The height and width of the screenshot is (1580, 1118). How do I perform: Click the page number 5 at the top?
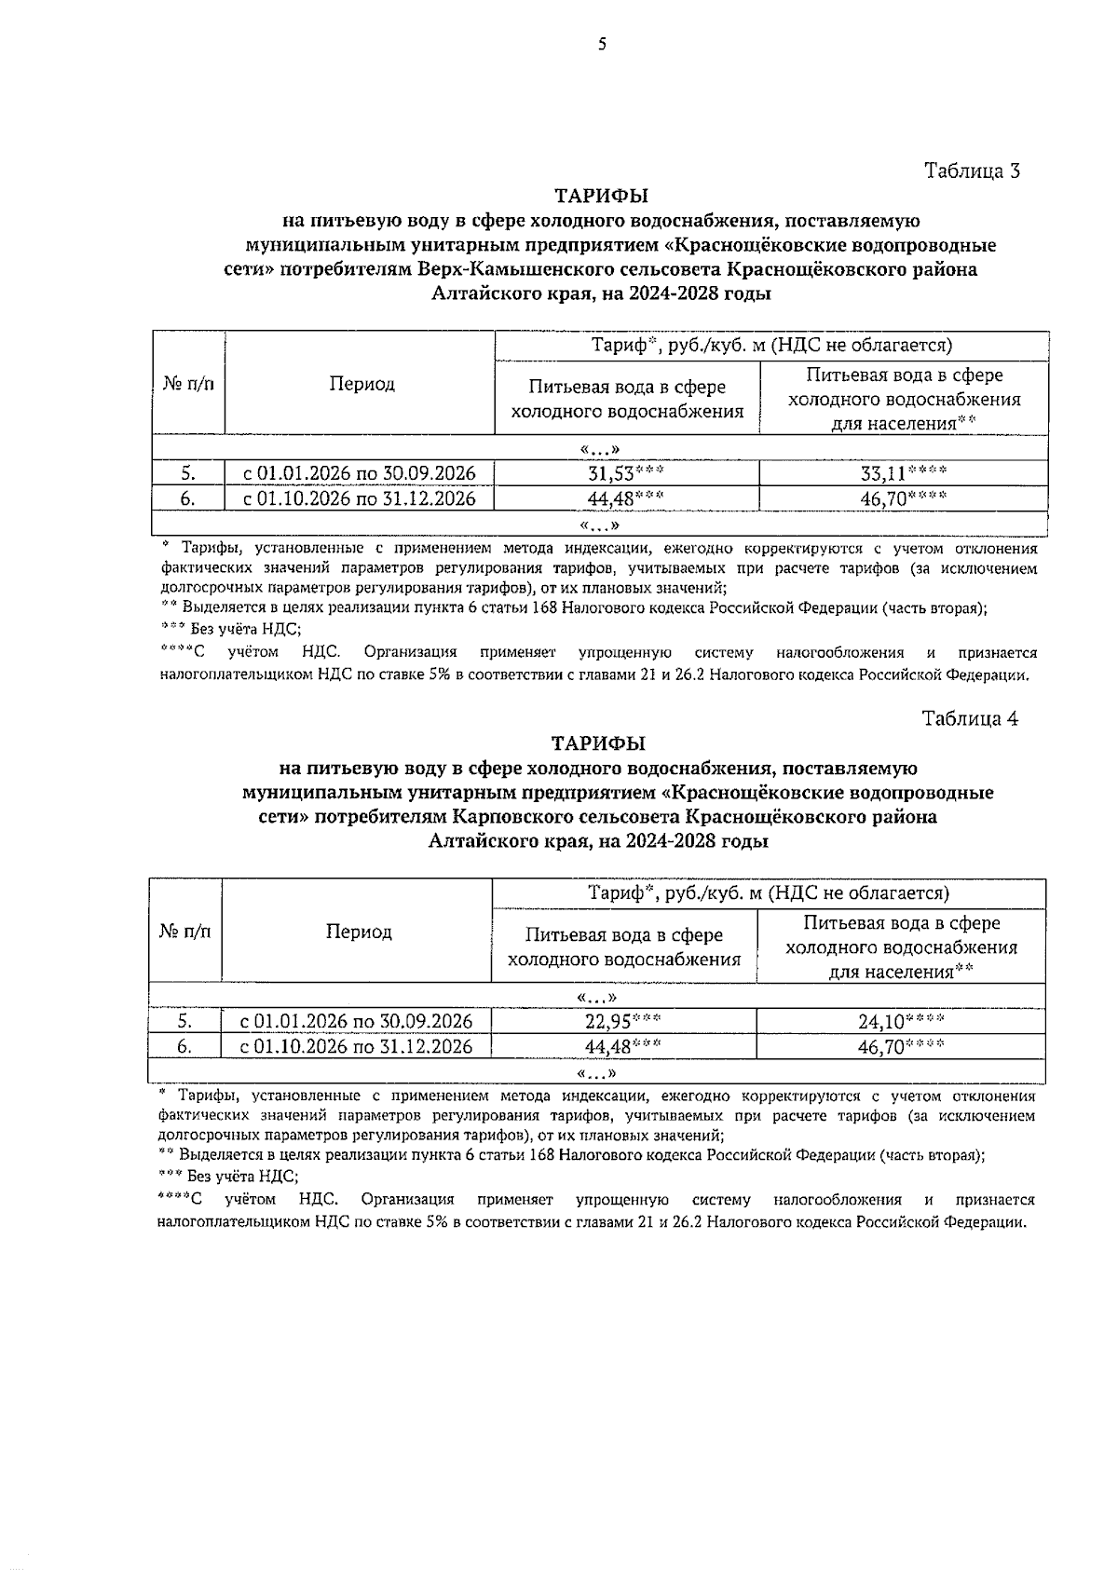(602, 44)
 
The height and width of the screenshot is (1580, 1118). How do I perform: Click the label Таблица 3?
(972, 171)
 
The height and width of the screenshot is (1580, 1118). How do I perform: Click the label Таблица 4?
(969, 719)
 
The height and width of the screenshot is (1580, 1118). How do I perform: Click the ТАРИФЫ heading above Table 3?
(601, 197)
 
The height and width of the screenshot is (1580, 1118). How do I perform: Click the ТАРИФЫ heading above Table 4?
(598, 744)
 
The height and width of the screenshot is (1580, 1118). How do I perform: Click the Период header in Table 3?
(361, 385)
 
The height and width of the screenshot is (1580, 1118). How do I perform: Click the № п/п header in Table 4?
(185, 932)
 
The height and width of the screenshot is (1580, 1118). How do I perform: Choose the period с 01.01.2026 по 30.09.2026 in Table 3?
(360, 473)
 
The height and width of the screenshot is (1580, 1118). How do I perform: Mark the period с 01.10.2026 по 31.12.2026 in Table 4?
(357, 1046)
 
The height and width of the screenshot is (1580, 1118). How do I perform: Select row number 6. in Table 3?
(187, 498)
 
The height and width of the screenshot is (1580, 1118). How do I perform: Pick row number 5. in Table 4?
(184, 1022)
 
